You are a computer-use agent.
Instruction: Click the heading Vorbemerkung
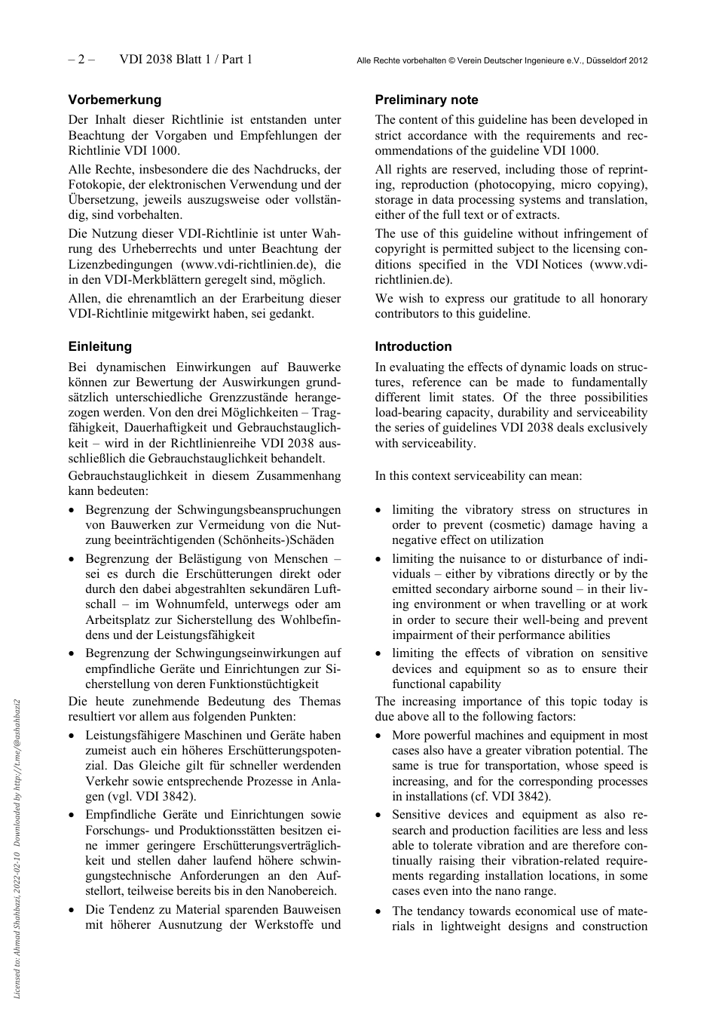pyautogui.click(x=115, y=100)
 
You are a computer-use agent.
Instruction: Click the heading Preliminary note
pyautogui.click(x=427, y=100)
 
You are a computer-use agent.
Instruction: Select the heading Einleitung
pyautogui.click(x=99, y=346)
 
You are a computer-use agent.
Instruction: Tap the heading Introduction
pyautogui.click(x=413, y=346)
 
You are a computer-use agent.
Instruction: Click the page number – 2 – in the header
pyautogui.click(x=81, y=60)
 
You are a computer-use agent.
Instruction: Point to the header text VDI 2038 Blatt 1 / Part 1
pyautogui.click(x=185, y=60)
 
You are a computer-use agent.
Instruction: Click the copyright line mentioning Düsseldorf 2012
pyautogui.click(x=502, y=60)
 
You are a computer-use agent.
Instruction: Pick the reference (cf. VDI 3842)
pyautogui.click(x=503, y=796)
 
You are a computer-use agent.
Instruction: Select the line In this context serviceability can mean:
pyautogui.click(x=478, y=476)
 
